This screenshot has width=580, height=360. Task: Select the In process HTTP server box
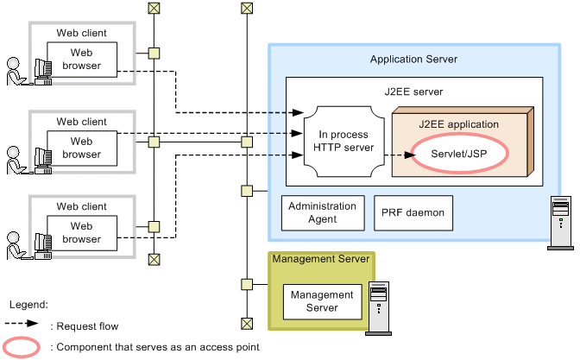tap(344, 142)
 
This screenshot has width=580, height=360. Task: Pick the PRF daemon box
tap(413, 212)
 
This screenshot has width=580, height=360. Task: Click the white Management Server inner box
tap(322, 301)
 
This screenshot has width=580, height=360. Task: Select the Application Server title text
tap(413, 59)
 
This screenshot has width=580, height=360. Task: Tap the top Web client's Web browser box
tap(86, 59)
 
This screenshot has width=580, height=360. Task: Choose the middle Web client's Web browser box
tap(86, 148)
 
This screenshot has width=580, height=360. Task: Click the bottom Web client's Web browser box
tap(86, 232)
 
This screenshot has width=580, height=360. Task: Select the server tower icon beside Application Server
tap(559, 223)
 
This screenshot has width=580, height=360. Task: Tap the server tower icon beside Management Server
tap(379, 306)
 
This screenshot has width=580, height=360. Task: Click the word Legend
tap(28, 305)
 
